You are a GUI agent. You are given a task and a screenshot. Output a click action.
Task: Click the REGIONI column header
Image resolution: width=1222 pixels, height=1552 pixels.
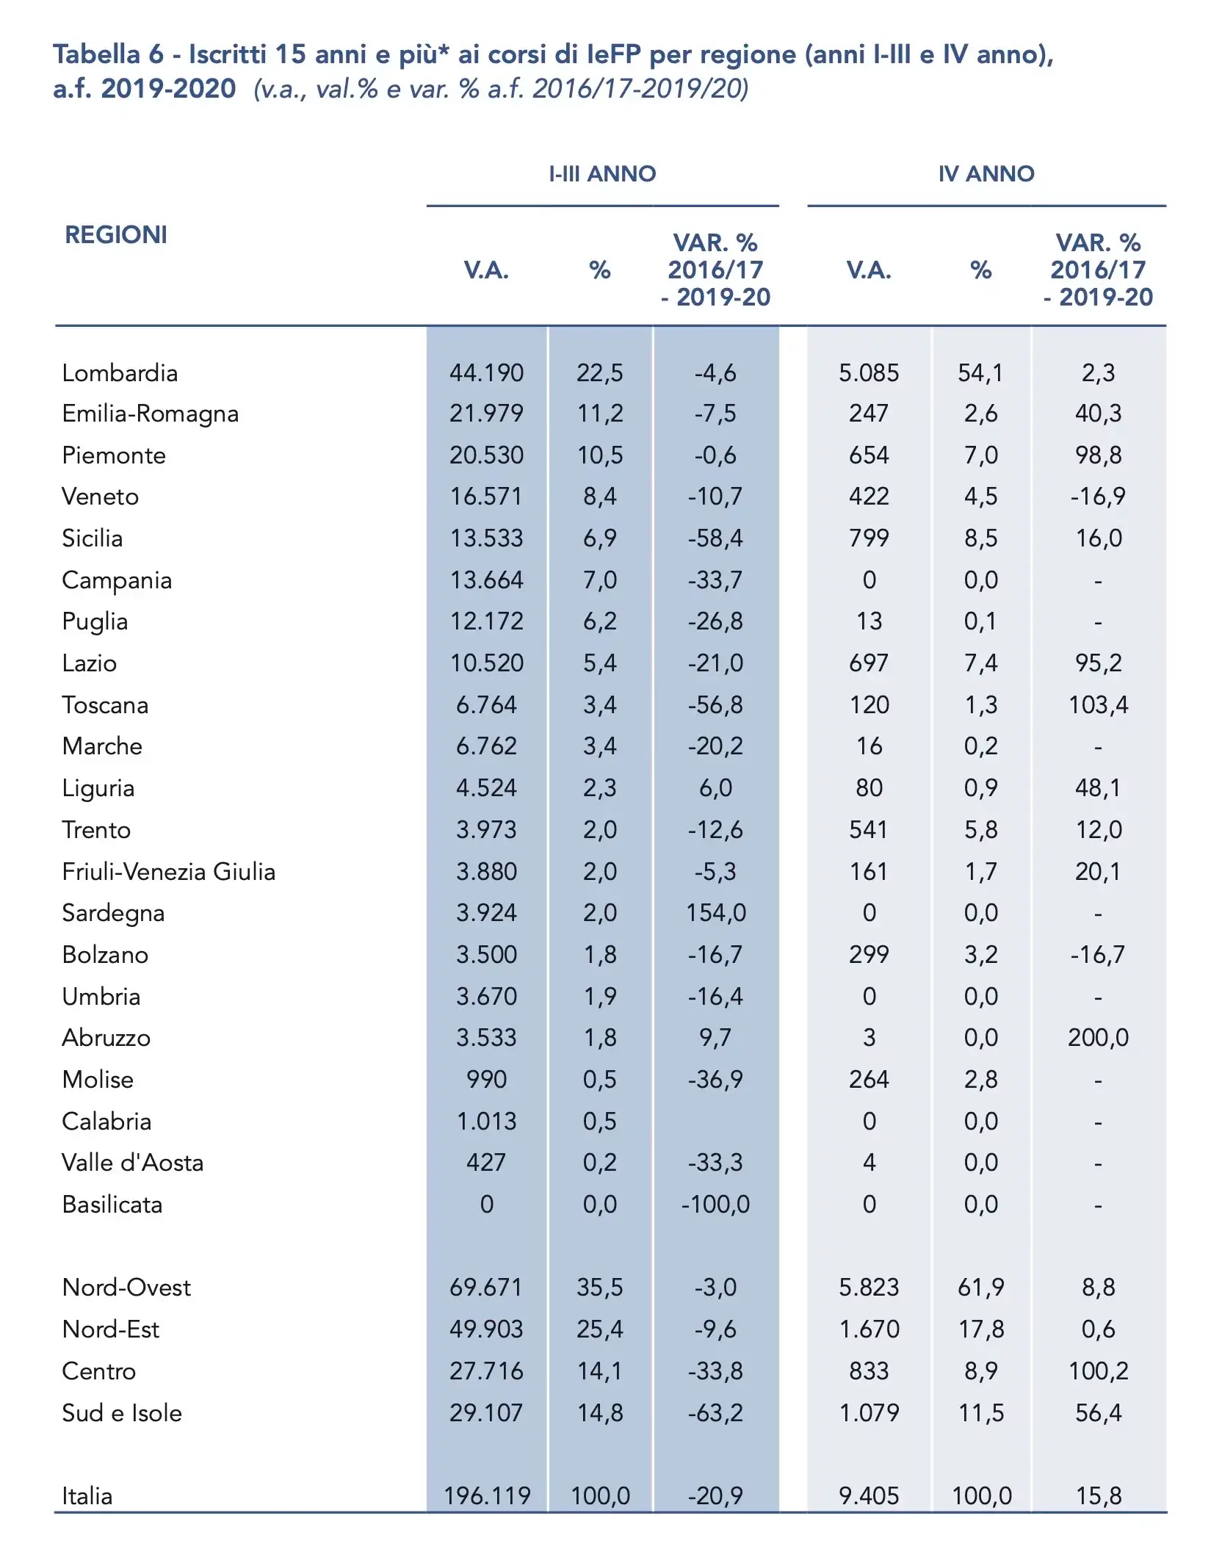tap(116, 235)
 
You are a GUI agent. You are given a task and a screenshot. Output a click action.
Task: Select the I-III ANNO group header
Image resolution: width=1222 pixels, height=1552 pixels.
tap(602, 174)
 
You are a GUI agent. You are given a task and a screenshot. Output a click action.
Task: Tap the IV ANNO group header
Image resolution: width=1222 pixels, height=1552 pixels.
tap(986, 174)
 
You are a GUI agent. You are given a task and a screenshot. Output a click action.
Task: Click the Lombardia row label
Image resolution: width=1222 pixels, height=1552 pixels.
tap(120, 373)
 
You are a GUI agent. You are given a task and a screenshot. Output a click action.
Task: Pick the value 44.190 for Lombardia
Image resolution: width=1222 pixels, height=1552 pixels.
tap(486, 373)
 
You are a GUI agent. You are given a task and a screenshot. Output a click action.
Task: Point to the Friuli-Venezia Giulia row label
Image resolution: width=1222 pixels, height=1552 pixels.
tap(169, 872)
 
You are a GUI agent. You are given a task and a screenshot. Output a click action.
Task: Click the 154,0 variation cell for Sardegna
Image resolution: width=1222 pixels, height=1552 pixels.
tap(715, 913)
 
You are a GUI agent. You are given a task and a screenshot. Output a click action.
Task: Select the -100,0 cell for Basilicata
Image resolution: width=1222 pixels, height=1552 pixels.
tap(715, 1205)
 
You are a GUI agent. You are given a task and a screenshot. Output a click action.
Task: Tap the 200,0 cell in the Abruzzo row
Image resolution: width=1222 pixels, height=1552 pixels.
tap(1098, 1038)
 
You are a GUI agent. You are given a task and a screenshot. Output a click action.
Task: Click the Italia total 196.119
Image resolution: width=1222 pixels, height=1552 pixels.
tap(486, 1496)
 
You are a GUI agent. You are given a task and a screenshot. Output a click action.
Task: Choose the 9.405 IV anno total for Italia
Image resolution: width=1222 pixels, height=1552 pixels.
tap(869, 1496)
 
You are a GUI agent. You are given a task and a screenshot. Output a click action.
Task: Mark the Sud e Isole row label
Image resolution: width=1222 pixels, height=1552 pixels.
tap(122, 1413)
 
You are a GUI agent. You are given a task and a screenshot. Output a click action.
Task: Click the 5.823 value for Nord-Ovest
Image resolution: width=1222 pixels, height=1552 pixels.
tap(869, 1288)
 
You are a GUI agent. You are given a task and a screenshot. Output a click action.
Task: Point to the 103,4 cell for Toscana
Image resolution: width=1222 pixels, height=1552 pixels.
tap(1098, 705)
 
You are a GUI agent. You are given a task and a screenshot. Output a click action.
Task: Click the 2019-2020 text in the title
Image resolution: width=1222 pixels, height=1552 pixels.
tap(168, 89)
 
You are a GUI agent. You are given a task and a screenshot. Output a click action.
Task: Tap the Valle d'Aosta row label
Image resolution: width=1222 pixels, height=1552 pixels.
tap(133, 1163)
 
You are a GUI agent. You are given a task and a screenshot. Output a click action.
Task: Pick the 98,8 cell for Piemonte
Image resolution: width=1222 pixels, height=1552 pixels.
tap(1098, 455)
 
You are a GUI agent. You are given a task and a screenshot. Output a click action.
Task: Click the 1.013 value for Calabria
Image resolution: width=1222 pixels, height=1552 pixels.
tap(486, 1122)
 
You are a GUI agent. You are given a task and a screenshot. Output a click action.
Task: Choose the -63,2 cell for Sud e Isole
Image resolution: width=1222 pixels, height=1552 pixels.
tap(715, 1413)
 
